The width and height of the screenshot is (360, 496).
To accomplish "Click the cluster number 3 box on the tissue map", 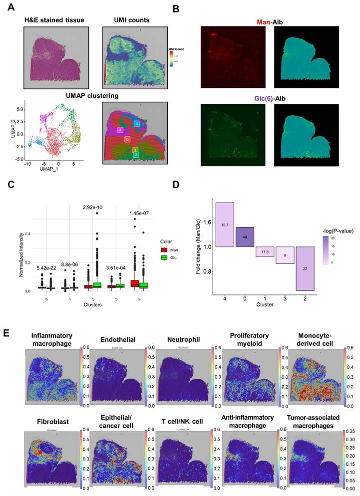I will pyautogui.click(x=136, y=123).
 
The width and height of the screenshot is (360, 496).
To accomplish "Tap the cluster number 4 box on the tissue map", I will pyautogui.click(x=120, y=130).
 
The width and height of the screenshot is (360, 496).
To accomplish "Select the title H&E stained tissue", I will pyautogui.click(x=54, y=19).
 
